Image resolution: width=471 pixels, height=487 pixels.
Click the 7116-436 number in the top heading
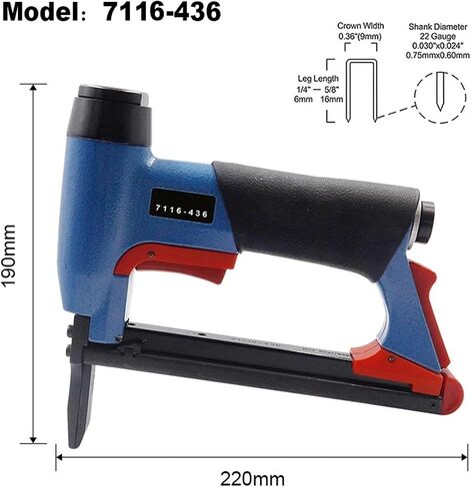(162, 11)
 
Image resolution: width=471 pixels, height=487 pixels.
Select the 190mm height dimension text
(9, 255)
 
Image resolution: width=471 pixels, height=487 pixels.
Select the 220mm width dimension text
(252, 479)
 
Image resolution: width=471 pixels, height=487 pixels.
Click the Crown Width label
(360, 26)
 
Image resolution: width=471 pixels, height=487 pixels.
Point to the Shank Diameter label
(438, 27)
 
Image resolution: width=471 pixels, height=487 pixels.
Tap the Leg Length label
(318, 79)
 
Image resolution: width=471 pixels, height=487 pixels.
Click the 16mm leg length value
(332, 99)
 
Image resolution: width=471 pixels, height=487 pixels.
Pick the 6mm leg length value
(303, 99)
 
